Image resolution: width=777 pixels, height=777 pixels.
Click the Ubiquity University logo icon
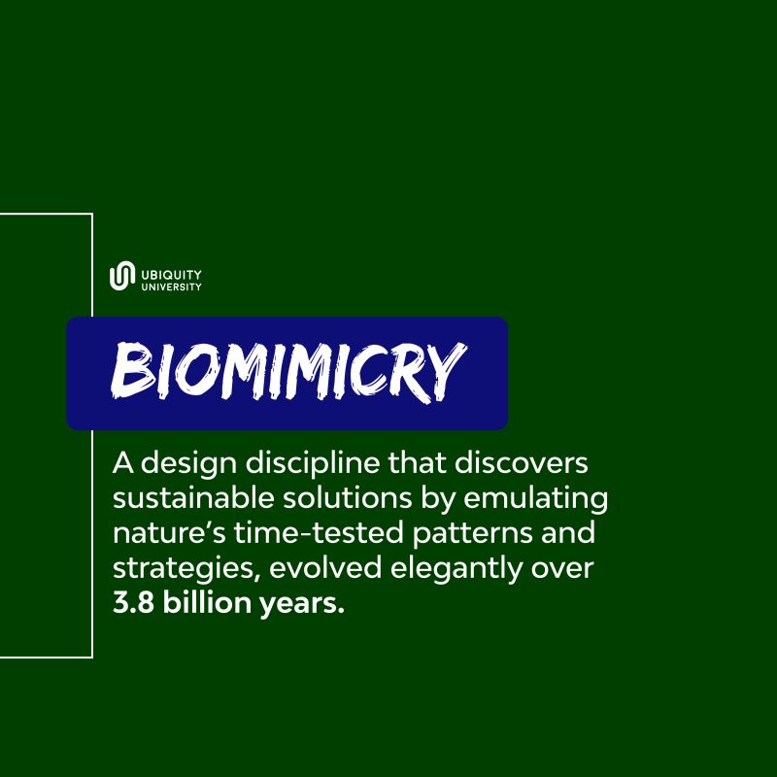pos(120,277)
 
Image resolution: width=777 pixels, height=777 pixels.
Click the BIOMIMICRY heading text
pos(286,372)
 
